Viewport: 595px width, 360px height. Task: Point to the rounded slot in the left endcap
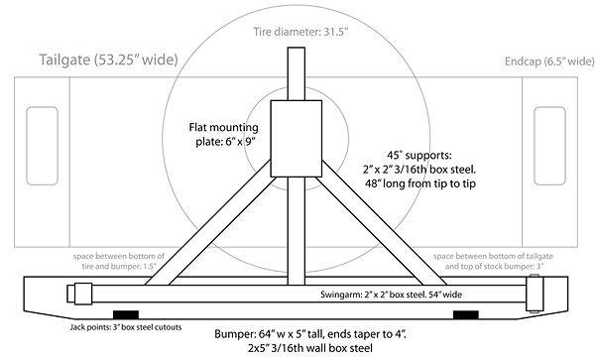point(40,142)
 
